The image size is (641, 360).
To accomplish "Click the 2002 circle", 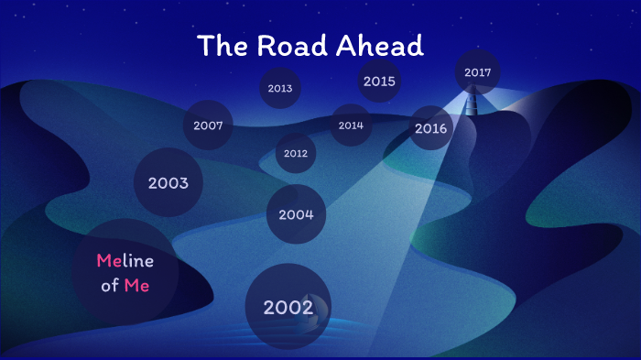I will pos(288,307).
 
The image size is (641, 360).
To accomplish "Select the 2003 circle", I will pos(168,182).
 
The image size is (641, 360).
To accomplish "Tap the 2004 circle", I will pos(297,214).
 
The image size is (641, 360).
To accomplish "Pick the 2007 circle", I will pos(209,125).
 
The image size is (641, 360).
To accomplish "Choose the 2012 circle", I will pos(296,153).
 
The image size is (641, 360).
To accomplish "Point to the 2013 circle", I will pos(280,89).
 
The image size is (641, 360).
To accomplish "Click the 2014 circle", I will pos(351,125).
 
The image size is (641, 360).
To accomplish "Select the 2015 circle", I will pos(379,82).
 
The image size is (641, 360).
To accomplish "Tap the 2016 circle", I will pos(430,128).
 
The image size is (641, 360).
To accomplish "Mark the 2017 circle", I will pos(478,72).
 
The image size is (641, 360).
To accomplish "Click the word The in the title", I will pos(221,46).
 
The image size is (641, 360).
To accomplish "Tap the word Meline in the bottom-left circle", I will pos(125,261).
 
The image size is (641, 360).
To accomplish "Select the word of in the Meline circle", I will pos(110,286).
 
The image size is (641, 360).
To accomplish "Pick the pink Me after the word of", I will pos(137,286).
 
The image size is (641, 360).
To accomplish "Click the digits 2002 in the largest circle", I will pos(288,308).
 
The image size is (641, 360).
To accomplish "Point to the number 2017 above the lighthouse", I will pos(478,72).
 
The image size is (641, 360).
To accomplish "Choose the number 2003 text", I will pos(168,183).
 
